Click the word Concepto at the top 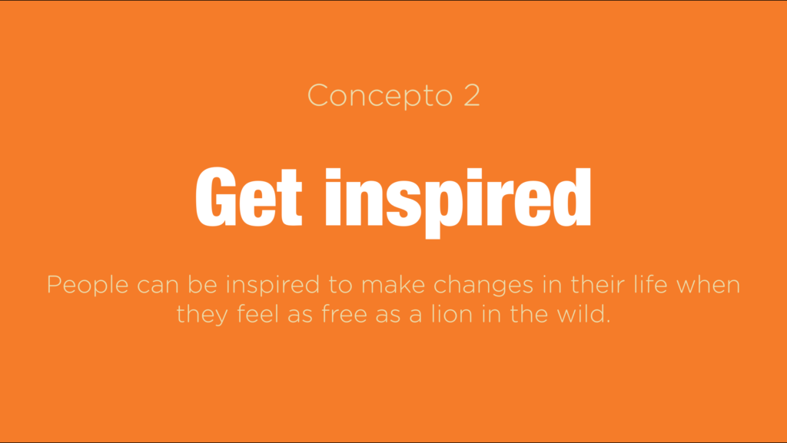pos(380,96)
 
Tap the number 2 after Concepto pos(472,94)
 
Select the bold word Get pos(249,197)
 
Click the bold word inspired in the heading pos(458,203)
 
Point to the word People pos(88,285)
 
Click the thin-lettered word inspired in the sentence pos(273,285)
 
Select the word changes pos(483,285)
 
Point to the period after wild pos(608,322)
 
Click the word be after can pos(203,284)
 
